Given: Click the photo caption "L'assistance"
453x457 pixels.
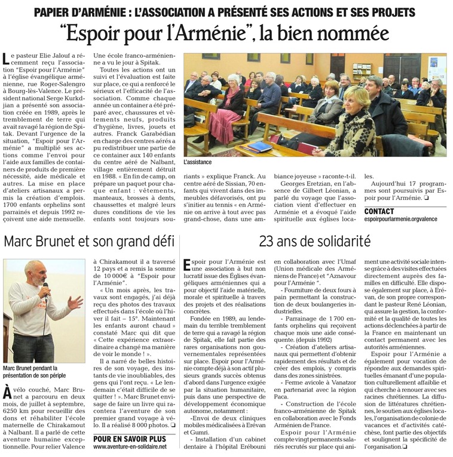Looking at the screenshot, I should point(199,161).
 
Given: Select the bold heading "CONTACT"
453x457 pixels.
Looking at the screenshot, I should point(379,211).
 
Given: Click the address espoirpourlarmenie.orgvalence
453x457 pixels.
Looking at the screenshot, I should point(405,220).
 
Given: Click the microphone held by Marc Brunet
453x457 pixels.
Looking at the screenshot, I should point(45,286).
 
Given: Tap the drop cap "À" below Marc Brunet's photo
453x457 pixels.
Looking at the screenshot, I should point(8,393).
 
